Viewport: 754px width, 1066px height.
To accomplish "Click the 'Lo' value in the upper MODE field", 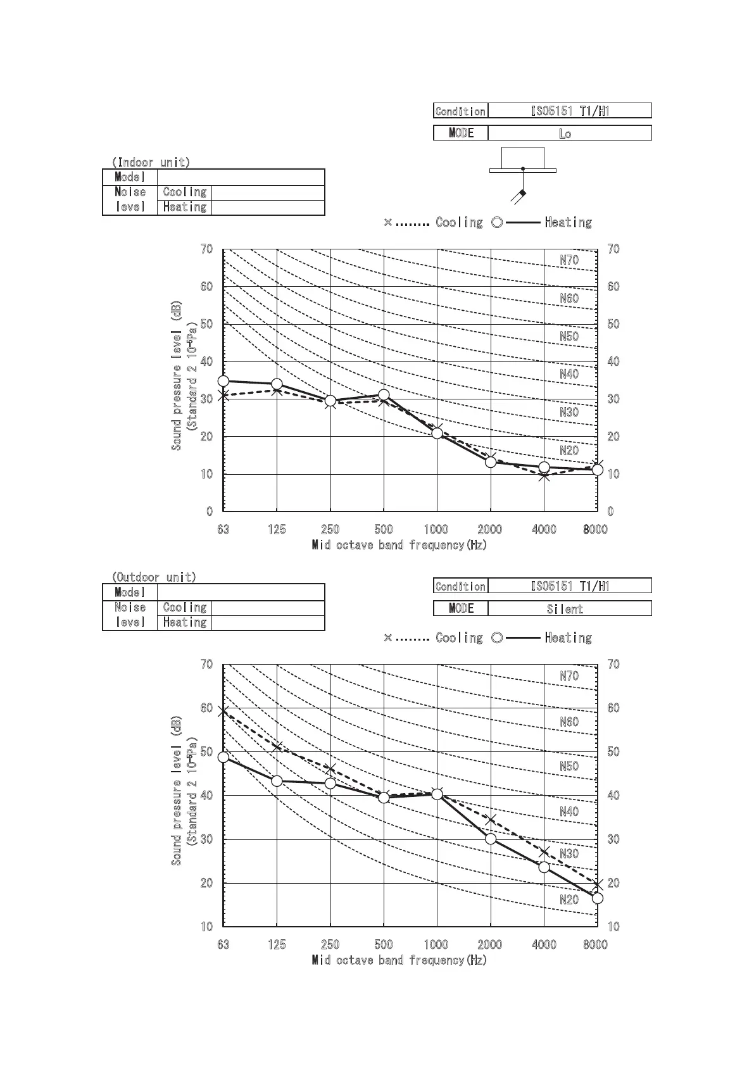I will click(x=565, y=134).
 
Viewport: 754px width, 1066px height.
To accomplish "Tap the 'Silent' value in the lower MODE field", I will click(x=565, y=609).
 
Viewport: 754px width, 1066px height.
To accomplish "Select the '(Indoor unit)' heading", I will click(x=151, y=162).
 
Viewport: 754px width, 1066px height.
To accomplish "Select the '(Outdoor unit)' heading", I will click(x=154, y=577).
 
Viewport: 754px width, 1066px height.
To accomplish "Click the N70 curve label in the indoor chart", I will click(x=569, y=260).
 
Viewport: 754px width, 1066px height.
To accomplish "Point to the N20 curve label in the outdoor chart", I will click(x=569, y=900).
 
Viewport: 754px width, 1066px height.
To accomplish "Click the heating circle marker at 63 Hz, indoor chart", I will click(x=223, y=381).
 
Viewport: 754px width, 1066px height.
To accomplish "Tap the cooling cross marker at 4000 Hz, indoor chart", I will click(x=544, y=476).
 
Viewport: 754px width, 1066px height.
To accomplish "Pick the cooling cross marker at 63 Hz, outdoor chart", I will click(x=223, y=712).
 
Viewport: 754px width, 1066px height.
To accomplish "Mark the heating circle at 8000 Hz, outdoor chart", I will click(x=597, y=898).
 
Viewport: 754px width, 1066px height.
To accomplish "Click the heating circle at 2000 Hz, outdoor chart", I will click(x=491, y=839).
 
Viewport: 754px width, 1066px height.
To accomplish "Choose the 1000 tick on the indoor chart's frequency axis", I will click(x=436, y=529).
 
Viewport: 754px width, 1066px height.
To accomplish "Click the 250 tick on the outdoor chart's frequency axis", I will click(x=330, y=944).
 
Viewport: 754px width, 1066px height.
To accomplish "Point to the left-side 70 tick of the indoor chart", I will click(x=206, y=249).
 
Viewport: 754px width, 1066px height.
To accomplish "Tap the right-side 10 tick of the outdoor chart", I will click(x=613, y=927).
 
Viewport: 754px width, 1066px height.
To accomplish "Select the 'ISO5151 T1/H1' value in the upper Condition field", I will click(x=570, y=111).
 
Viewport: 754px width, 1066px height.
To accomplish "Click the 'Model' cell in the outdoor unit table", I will click(x=130, y=593).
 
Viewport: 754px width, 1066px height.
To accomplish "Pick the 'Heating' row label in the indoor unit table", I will click(x=184, y=207).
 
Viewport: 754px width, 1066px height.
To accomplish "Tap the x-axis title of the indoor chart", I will click(x=399, y=545).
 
